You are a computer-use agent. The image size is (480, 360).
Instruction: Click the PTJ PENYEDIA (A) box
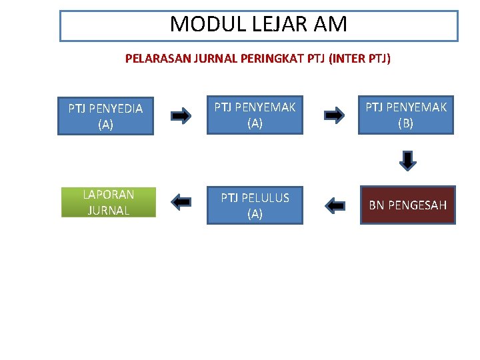105,116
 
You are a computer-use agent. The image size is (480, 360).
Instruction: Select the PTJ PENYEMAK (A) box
255,115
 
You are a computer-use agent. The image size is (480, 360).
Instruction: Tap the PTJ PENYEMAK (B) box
405,115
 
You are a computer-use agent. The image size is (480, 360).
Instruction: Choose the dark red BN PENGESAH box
408,205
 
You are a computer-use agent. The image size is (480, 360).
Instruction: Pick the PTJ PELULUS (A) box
255,205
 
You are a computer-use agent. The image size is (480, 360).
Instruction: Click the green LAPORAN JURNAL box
109,202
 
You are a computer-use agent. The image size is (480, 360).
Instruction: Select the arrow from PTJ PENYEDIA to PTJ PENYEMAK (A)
181,116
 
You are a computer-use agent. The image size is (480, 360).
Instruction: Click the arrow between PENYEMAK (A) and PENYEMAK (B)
334,115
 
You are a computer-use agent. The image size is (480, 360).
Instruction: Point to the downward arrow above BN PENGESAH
408,161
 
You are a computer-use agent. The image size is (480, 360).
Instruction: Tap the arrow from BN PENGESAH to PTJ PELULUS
335,206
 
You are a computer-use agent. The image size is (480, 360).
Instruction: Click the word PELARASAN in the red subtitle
157,59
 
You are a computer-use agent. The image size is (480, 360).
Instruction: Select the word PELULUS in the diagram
265,198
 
